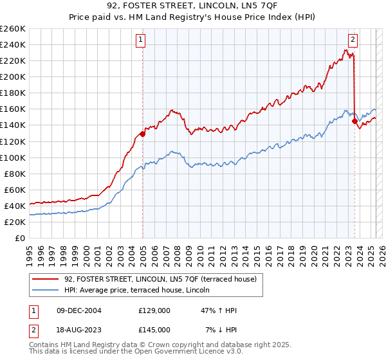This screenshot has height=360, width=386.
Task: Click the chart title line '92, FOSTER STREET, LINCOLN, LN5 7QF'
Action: coord(192,7)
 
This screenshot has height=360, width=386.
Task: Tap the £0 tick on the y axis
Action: coord(20,238)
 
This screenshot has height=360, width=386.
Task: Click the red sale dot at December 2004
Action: coord(142,134)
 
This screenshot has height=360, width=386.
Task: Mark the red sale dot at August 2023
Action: coord(354,120)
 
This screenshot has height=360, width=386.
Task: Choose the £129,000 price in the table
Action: coord(154,310)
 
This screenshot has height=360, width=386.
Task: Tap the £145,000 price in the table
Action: coord(154,330)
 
